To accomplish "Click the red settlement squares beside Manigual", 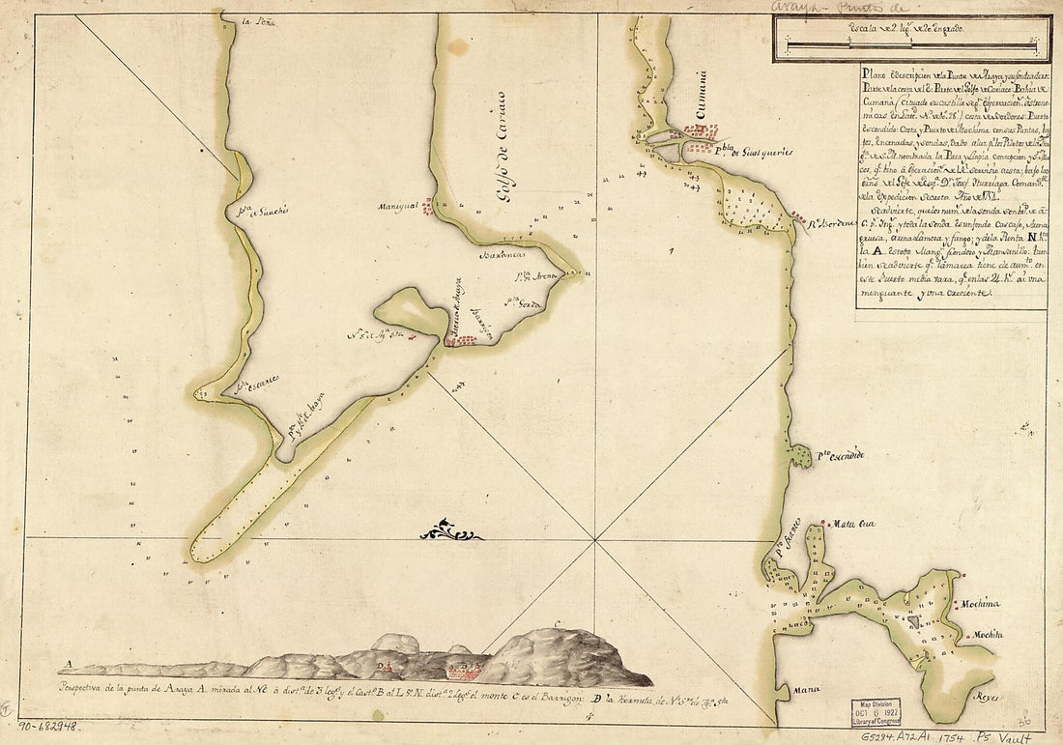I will [x=426, y=206].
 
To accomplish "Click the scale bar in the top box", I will [x=910, y=46].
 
